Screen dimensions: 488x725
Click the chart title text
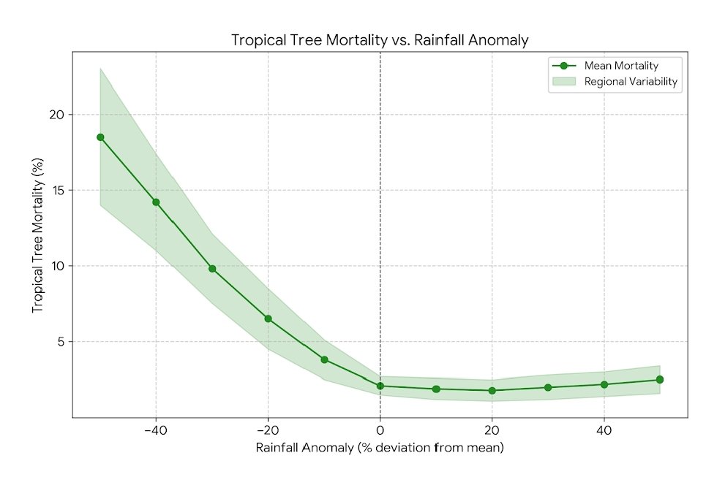[380, 40]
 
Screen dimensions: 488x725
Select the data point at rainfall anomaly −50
[100, 137]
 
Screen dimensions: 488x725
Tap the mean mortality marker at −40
[156, 202]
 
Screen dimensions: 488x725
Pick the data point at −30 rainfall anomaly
[212, 269]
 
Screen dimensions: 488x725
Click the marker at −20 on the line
[268, 319]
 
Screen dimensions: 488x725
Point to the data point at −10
[324, 359]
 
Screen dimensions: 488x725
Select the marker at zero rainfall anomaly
[380, 386]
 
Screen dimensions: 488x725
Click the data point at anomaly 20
[492, 390]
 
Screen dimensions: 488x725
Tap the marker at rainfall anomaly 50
[660, 380]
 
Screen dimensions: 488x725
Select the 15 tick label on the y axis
[58, 191]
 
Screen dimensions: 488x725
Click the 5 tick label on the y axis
[61, 342]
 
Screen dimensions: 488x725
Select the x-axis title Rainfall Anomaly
[380, 448]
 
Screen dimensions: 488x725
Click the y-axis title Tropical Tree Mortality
[37, 237]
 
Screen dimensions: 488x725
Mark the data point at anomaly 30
[548, 387]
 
